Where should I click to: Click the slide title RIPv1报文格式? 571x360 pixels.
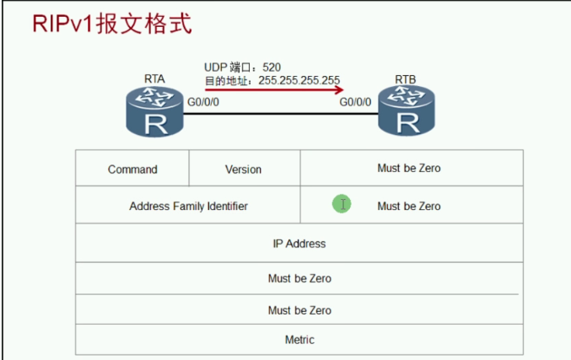[112, 23]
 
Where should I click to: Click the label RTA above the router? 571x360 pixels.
[154, 80]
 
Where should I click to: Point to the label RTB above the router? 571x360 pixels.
[406, 80]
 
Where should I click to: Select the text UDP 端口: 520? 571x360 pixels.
[243, 67]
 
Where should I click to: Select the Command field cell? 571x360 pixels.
[132, 169]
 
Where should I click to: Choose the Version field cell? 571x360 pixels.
[243, 169]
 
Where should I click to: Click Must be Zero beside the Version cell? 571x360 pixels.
[409, 169]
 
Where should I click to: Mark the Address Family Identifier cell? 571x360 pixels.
[188, 206]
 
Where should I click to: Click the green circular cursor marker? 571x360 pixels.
[341, 204]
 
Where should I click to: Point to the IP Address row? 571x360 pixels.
[299, 244]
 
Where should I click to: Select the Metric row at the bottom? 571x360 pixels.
[299, 340]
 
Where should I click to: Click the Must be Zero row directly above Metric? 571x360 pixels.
[299, 310]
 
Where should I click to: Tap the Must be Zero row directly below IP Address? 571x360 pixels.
[299, 278]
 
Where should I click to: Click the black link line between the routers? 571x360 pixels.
[278, 115]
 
